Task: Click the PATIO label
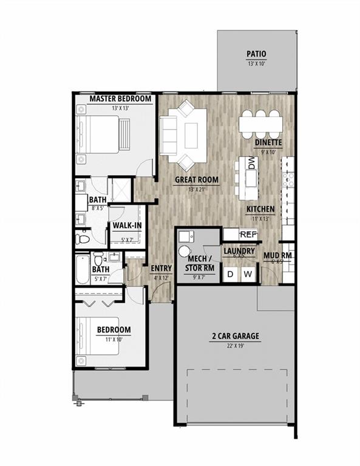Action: [x=257, y=53]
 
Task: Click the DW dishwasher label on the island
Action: [x=251, y=163]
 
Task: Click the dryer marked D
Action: [x=231, y=274]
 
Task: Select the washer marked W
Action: [x=247, y=274]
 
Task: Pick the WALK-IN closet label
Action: [x=127, y=226]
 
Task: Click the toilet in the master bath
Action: [x=83, y=240]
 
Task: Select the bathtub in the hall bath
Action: [x=83, y=270]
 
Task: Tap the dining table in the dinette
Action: [x=260, y=123]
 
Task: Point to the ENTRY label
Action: [x=161, y=268]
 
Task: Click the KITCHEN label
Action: [x=260, y=209]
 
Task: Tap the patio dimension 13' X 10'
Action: [x=257, y=63]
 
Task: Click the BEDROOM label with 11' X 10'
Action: [x=114, y=330]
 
